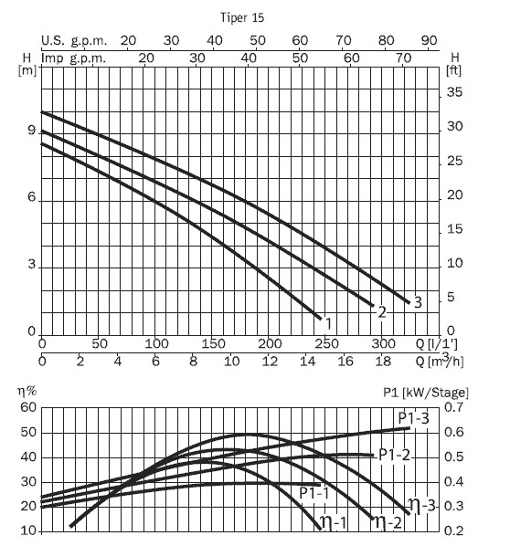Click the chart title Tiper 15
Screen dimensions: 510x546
242,17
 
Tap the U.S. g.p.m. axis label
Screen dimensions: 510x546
74,41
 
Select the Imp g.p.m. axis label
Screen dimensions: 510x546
73,58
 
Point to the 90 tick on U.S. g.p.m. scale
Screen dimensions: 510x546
429,41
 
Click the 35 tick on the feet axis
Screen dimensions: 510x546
454,92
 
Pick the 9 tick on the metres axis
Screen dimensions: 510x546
32,131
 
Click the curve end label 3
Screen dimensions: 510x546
418,302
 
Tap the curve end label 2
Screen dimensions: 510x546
382,312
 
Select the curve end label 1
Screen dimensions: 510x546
328,324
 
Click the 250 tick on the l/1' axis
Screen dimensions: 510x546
326,344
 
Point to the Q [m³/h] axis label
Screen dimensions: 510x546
440,361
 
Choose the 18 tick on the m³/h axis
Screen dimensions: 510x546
382,362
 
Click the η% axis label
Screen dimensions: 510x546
27,392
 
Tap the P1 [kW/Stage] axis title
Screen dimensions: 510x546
426,393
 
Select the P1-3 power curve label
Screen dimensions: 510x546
413,418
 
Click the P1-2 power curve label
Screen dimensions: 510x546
394,455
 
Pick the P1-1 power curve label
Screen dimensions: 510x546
314,493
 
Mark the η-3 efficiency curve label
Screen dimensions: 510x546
422,505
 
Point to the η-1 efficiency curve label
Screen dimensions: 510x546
334,522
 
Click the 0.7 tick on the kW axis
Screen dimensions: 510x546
454,407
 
